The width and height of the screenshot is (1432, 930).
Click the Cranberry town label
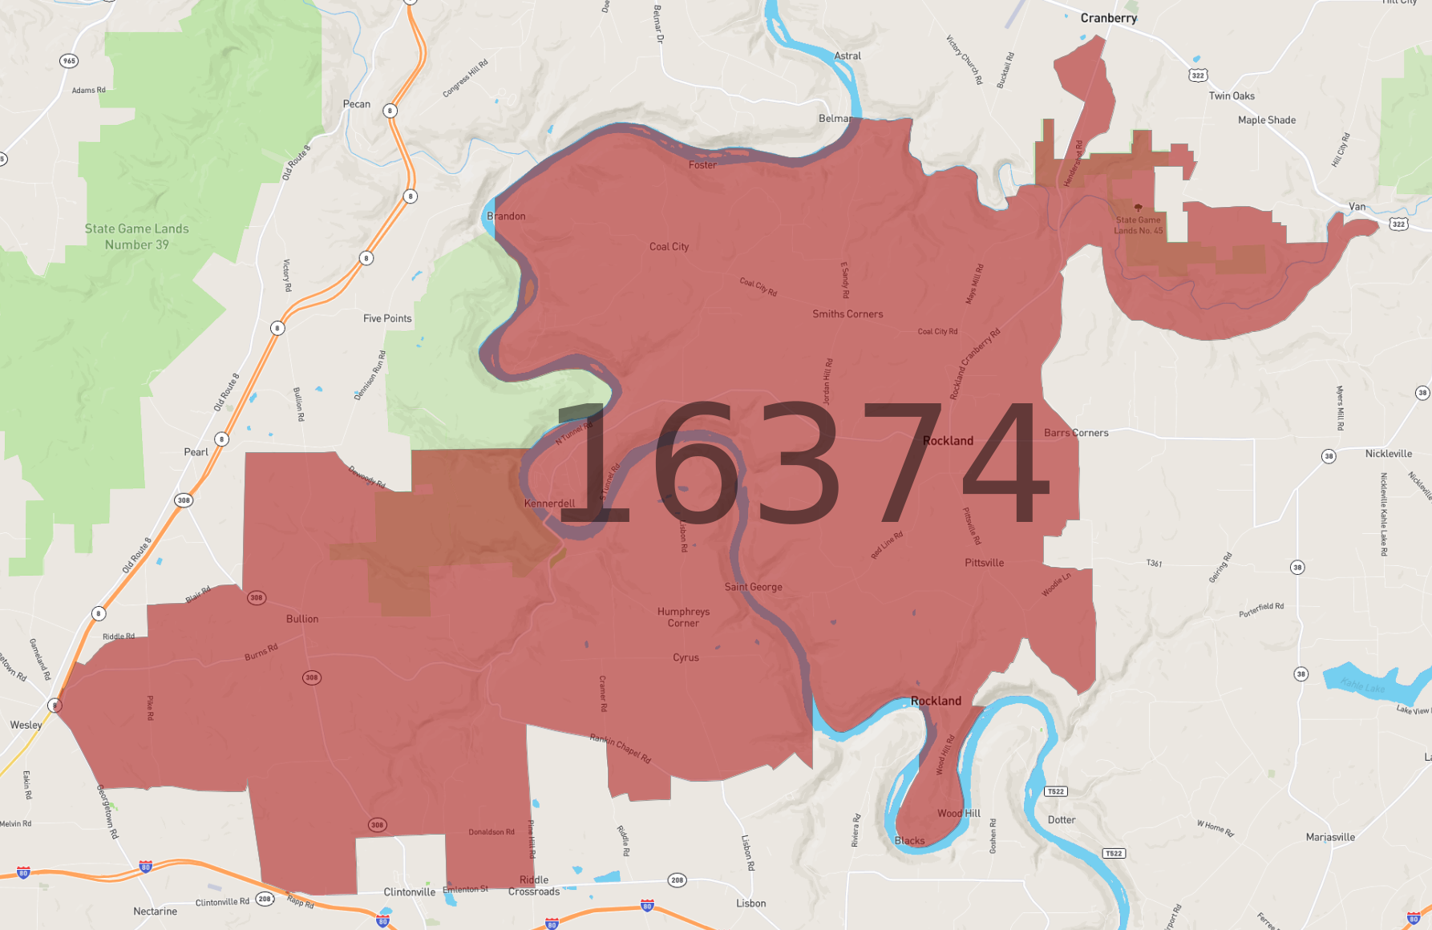[x=1108, y=18]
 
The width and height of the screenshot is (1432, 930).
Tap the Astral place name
[x=847, y=56]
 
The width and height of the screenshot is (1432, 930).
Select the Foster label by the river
[x=702, y=165]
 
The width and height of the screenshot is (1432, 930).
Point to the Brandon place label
[x=506, y=216]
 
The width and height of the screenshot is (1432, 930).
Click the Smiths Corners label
[x=847, y=314]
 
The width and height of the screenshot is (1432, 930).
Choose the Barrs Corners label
[x=1076, y=433]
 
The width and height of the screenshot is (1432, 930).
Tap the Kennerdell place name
[x=549, y=503]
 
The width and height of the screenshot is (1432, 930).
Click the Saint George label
[x=753, y=587]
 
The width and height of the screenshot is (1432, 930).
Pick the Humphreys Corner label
[x=683, y=617]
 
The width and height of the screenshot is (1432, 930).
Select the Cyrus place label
[x=686, y=657]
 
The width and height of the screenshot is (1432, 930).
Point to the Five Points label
[x=387, y=318]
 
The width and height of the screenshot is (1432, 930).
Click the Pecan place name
[x=357, y=104]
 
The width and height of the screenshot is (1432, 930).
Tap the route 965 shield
[x=69, y=61]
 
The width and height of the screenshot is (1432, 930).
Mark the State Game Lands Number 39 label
[x=137, y=237]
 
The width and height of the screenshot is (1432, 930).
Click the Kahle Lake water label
[x=1362, y=686]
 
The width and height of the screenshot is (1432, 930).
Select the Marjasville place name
[x=1330, y=837]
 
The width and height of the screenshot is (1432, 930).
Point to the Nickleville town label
[x=1389, y=454]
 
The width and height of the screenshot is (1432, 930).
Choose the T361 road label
[x=1154, y=564]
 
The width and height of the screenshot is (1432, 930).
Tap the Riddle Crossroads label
[x=534, y=886]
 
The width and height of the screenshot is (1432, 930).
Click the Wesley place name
[x=26, y=725]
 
